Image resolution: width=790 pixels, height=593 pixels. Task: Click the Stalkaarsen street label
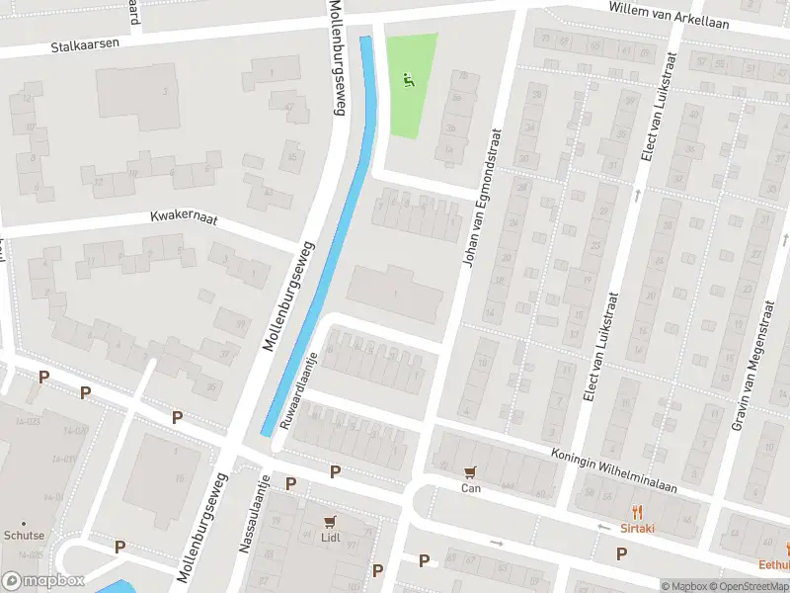click(87, 45)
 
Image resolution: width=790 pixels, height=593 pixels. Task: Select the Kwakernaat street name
click(183, 214)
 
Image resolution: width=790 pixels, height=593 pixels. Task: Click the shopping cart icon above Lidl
click(331, 521)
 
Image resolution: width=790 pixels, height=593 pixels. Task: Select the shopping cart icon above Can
click(470, 472)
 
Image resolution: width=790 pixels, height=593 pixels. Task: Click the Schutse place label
click(24, 535)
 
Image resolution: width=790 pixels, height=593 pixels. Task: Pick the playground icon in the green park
click(409, 79)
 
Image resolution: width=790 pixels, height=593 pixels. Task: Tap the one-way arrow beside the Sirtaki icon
click(602, 528)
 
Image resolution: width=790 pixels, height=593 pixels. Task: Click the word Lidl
click(331, 537)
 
